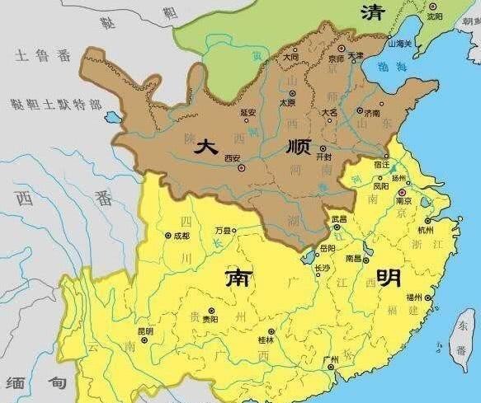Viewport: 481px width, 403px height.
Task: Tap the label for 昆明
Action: coord(145,330)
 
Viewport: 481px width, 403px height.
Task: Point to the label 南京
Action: coord(403,200)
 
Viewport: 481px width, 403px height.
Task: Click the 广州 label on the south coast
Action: coord(332,359)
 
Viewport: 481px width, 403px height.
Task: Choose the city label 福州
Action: coord(413,297)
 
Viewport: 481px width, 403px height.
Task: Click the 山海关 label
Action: coord(401,43)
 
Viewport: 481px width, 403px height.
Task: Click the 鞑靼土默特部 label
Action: coord(56,105)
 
